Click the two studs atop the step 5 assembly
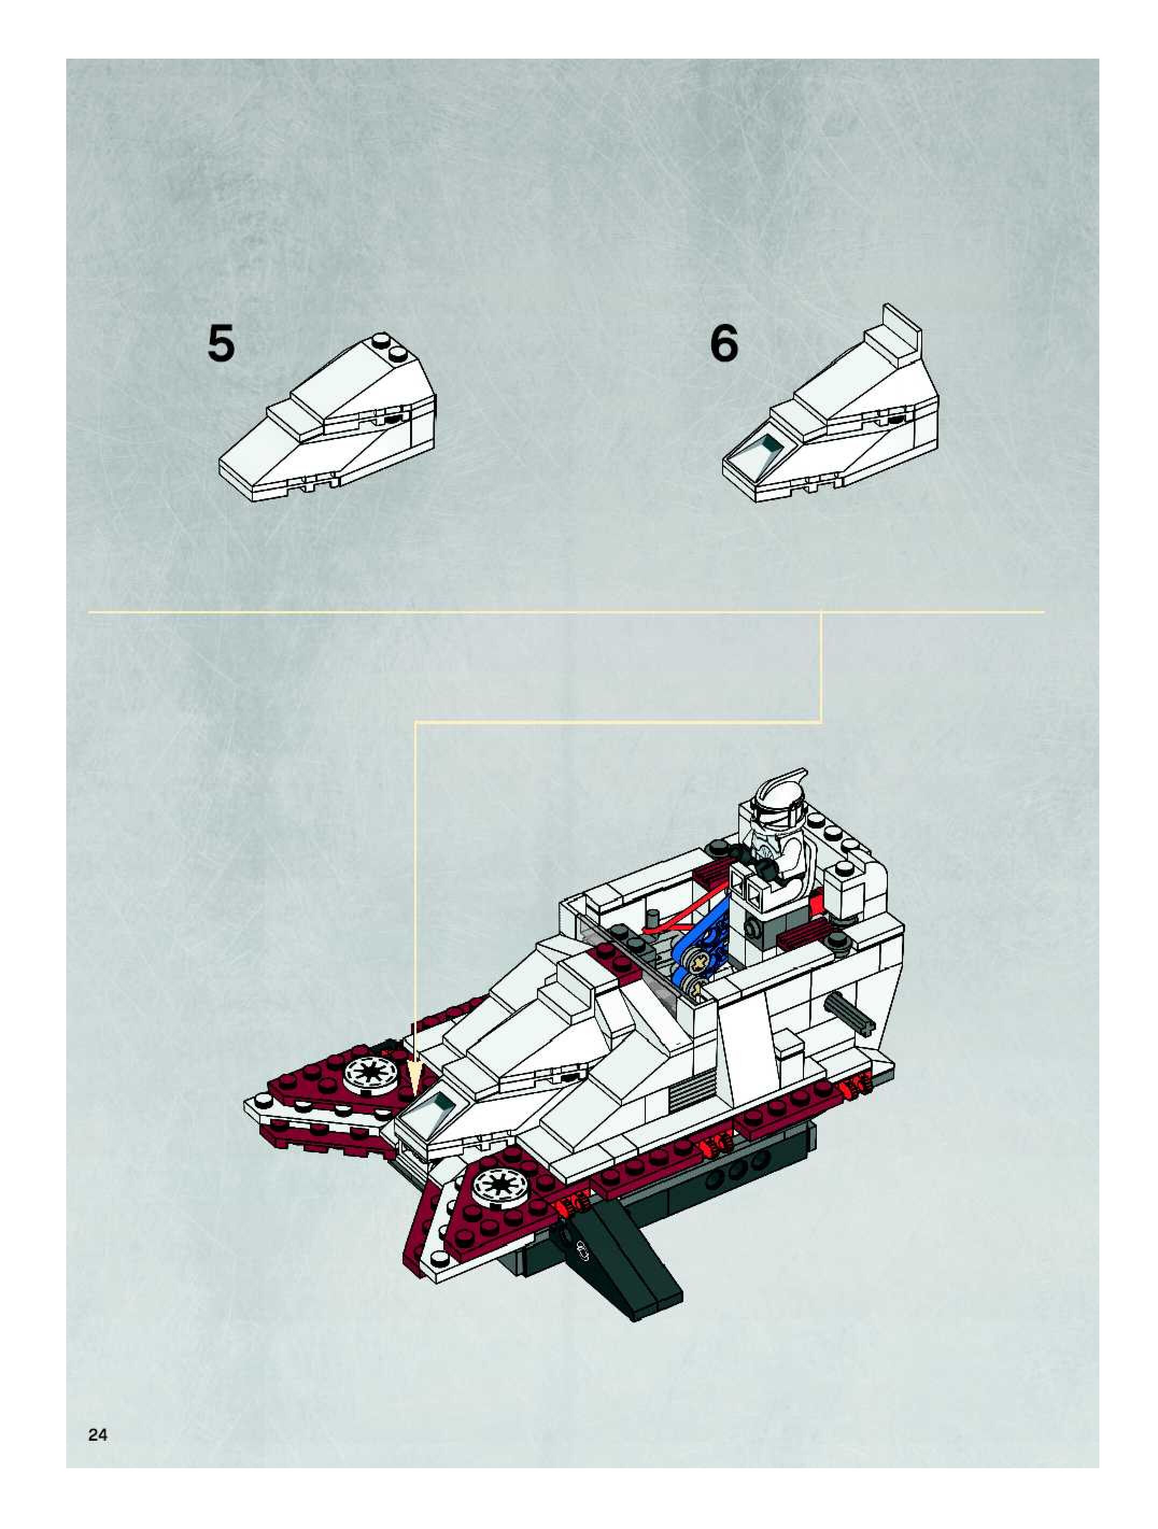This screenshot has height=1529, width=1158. click(x=389, y=347)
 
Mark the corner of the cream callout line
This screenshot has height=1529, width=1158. click(x=821, y=723)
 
